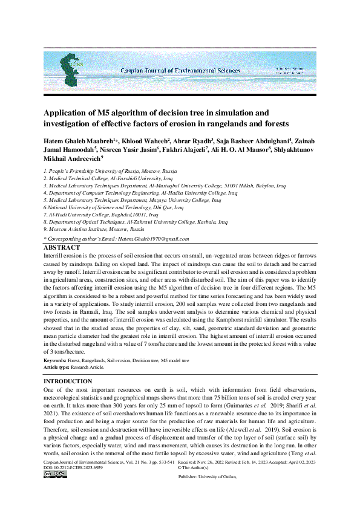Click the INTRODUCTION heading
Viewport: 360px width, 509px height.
pos(68,381)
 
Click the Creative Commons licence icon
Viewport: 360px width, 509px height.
pos(51,475)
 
